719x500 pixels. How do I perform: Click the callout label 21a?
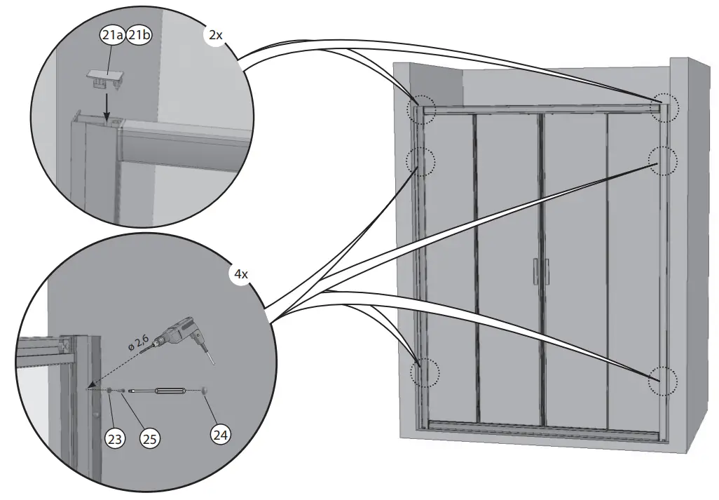[111, 35]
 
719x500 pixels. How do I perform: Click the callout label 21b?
[137, 35]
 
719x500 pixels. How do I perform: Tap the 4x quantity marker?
[241, 274]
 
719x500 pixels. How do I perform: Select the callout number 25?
[149, 439]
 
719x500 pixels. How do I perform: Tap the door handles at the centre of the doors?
[540, 271]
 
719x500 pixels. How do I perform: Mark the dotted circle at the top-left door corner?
[422, 109]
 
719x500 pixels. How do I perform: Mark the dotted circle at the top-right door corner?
[664, 107]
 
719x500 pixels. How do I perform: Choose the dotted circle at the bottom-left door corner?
[423, 373]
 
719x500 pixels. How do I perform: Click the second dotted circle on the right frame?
[663, 160]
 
